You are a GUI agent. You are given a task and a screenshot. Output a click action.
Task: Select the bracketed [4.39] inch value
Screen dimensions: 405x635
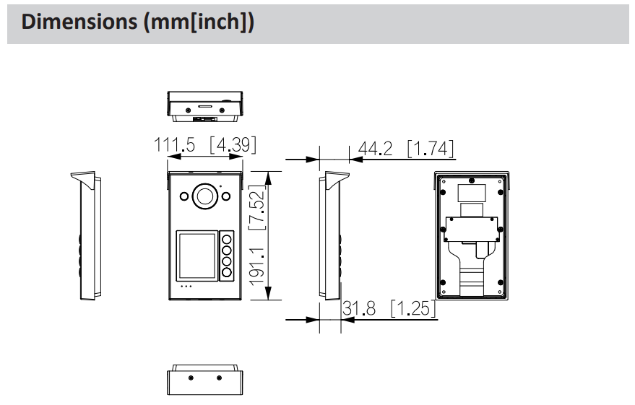click(233, 145)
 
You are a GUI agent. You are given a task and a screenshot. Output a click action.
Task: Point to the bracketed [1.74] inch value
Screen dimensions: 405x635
click(431, 149)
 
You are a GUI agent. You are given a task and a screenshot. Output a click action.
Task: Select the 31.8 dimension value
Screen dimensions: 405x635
click(359, 309)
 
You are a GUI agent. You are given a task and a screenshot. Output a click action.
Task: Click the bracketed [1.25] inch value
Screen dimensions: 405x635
click(413, 309)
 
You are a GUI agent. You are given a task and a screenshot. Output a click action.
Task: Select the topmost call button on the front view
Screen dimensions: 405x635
click(228, 238)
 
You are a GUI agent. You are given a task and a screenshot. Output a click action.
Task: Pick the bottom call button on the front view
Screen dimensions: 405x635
click(228, 272)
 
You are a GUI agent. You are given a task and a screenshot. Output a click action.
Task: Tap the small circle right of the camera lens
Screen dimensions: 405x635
click(225, 196)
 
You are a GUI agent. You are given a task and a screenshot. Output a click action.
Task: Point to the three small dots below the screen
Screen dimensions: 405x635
click(186, 287)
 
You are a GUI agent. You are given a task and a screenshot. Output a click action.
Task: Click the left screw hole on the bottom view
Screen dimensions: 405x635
click(191, 378)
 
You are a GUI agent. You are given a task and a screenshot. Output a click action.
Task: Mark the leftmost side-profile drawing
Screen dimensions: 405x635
click(86, 236)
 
